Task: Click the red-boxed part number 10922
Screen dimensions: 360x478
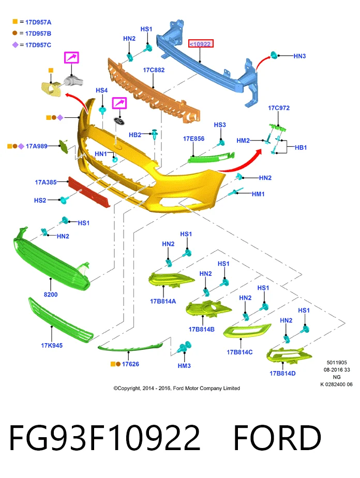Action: point(201,44)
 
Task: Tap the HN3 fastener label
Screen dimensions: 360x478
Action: point(299,56)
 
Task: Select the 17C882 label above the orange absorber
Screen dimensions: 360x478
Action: point(154,70)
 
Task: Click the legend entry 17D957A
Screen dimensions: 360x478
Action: point(38,22)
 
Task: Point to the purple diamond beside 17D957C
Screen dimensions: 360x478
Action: point(15,45)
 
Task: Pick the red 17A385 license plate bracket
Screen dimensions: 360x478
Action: point(89,192)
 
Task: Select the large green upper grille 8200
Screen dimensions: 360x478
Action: point(52,259)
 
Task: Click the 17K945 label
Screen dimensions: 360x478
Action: point(52,345)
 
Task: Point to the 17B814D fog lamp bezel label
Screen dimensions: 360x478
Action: point(282,374)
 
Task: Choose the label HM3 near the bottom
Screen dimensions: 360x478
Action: point(184,366)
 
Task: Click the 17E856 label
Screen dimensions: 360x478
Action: point(194,138)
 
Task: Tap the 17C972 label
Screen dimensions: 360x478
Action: point(279,108)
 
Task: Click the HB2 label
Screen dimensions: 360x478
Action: point(135,135)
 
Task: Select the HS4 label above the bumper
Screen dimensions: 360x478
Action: point(101,90)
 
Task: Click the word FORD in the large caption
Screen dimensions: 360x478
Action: point(277,438)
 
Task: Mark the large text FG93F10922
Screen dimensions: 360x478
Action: point(104,438)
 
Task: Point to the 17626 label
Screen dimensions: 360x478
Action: point(130,364)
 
